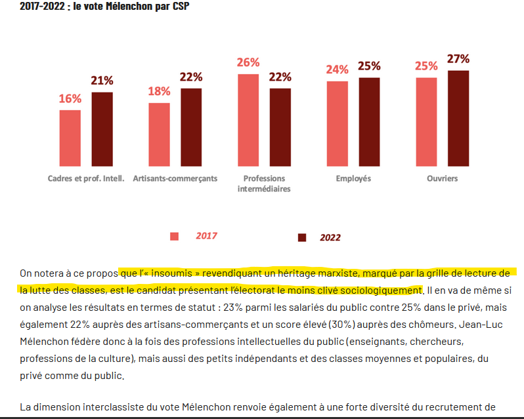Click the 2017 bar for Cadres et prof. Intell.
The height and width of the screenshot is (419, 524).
70,138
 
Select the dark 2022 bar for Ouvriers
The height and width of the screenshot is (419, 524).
458,118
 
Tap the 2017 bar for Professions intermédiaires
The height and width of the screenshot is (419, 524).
248,120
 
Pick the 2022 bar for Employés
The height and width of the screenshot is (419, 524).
369,121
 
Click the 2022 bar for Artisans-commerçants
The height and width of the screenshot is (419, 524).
190,127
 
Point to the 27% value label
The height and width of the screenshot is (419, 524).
458,59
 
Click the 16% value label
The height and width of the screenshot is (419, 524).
70,99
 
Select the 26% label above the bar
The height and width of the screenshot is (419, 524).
248,63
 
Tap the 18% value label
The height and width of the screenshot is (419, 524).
159,91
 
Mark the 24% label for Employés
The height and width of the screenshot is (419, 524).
338,70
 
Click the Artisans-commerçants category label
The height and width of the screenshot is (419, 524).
175,178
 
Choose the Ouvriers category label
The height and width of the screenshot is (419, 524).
442,178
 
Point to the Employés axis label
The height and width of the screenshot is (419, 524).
353,178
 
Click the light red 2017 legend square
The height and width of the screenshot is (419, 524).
175,237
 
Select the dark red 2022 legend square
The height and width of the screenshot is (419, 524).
302,237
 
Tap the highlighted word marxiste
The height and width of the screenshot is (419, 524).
336,273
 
